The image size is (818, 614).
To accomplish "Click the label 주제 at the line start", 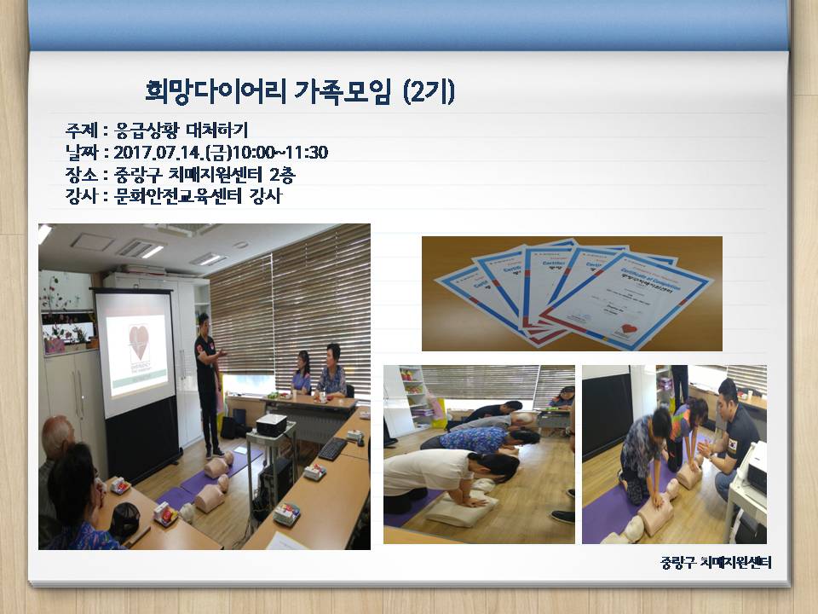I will (82, 130).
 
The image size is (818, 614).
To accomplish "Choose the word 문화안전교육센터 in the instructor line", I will (176, 196).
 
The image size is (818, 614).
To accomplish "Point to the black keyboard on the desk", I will (332, 449).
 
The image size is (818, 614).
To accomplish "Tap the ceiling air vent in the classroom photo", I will (139, 248).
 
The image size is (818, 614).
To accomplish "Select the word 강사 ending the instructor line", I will (266, 196).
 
